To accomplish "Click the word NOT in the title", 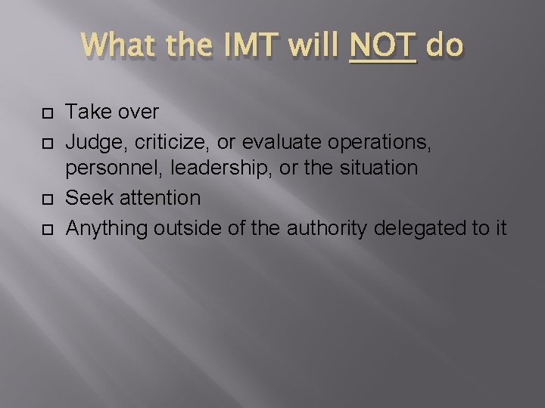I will coord(383,47).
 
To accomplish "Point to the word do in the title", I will coord(444,47).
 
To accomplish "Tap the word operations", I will coord(381,141).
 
